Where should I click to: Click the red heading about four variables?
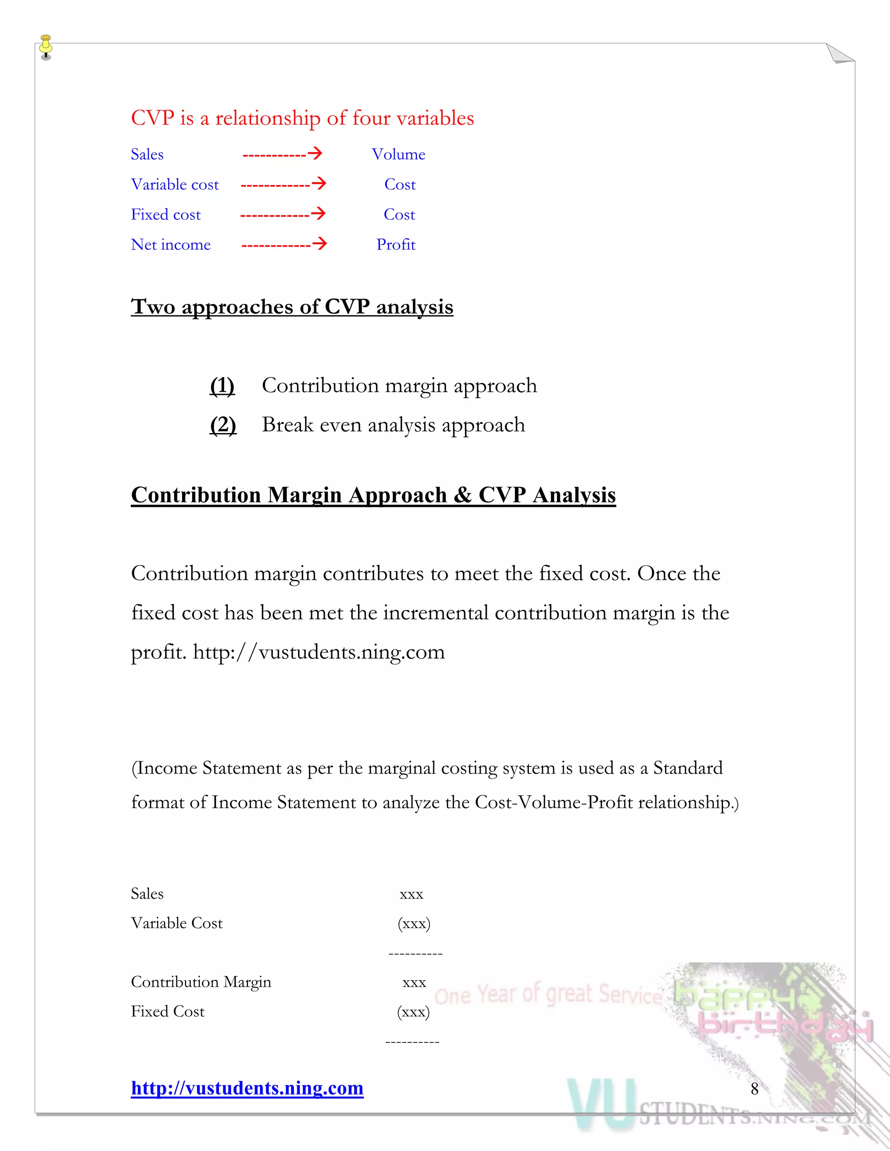tap(302, 118)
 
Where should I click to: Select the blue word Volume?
tap(398, 155)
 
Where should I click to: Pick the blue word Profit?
tap(395, 245)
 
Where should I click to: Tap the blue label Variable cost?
tap(175, 185)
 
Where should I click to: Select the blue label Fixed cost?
tap(166, 215)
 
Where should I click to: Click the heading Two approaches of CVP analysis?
tap(292, 307)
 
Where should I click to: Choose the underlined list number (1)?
tap(222, 386)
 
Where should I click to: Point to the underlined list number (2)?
tap(222, 425)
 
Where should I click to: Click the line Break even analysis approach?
tap(393, 425)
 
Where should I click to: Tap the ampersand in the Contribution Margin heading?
tap(462, 495)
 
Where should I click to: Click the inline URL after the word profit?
tap(319, 652)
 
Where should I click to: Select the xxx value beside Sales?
tap(411, 894)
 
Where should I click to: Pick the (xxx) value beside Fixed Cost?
tap(413, 1012)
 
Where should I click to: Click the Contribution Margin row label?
tap(201, 982)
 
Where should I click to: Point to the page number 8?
tap(754, 1089)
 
